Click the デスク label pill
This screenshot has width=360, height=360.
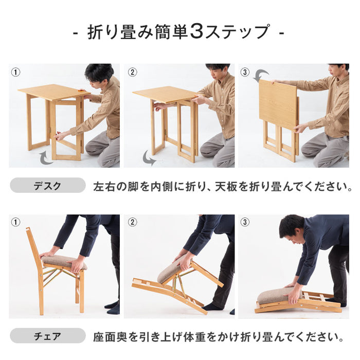click(48, 186)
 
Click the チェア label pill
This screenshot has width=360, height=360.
click(48, 337)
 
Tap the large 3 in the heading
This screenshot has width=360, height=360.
click(197, 32)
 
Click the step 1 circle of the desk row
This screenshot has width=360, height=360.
click(16, 72)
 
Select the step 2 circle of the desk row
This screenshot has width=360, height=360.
click(132, 72)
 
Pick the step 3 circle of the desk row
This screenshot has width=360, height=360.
click(245, 72)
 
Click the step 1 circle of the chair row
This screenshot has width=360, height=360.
click(16, 223)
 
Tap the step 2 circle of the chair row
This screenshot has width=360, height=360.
click(132, 223)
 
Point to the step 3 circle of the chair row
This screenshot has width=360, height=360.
click(245, 223)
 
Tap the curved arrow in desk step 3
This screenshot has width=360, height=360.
click(261, 76)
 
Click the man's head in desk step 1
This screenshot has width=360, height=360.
click(99, 74)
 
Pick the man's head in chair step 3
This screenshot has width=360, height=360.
click(292, 228)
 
